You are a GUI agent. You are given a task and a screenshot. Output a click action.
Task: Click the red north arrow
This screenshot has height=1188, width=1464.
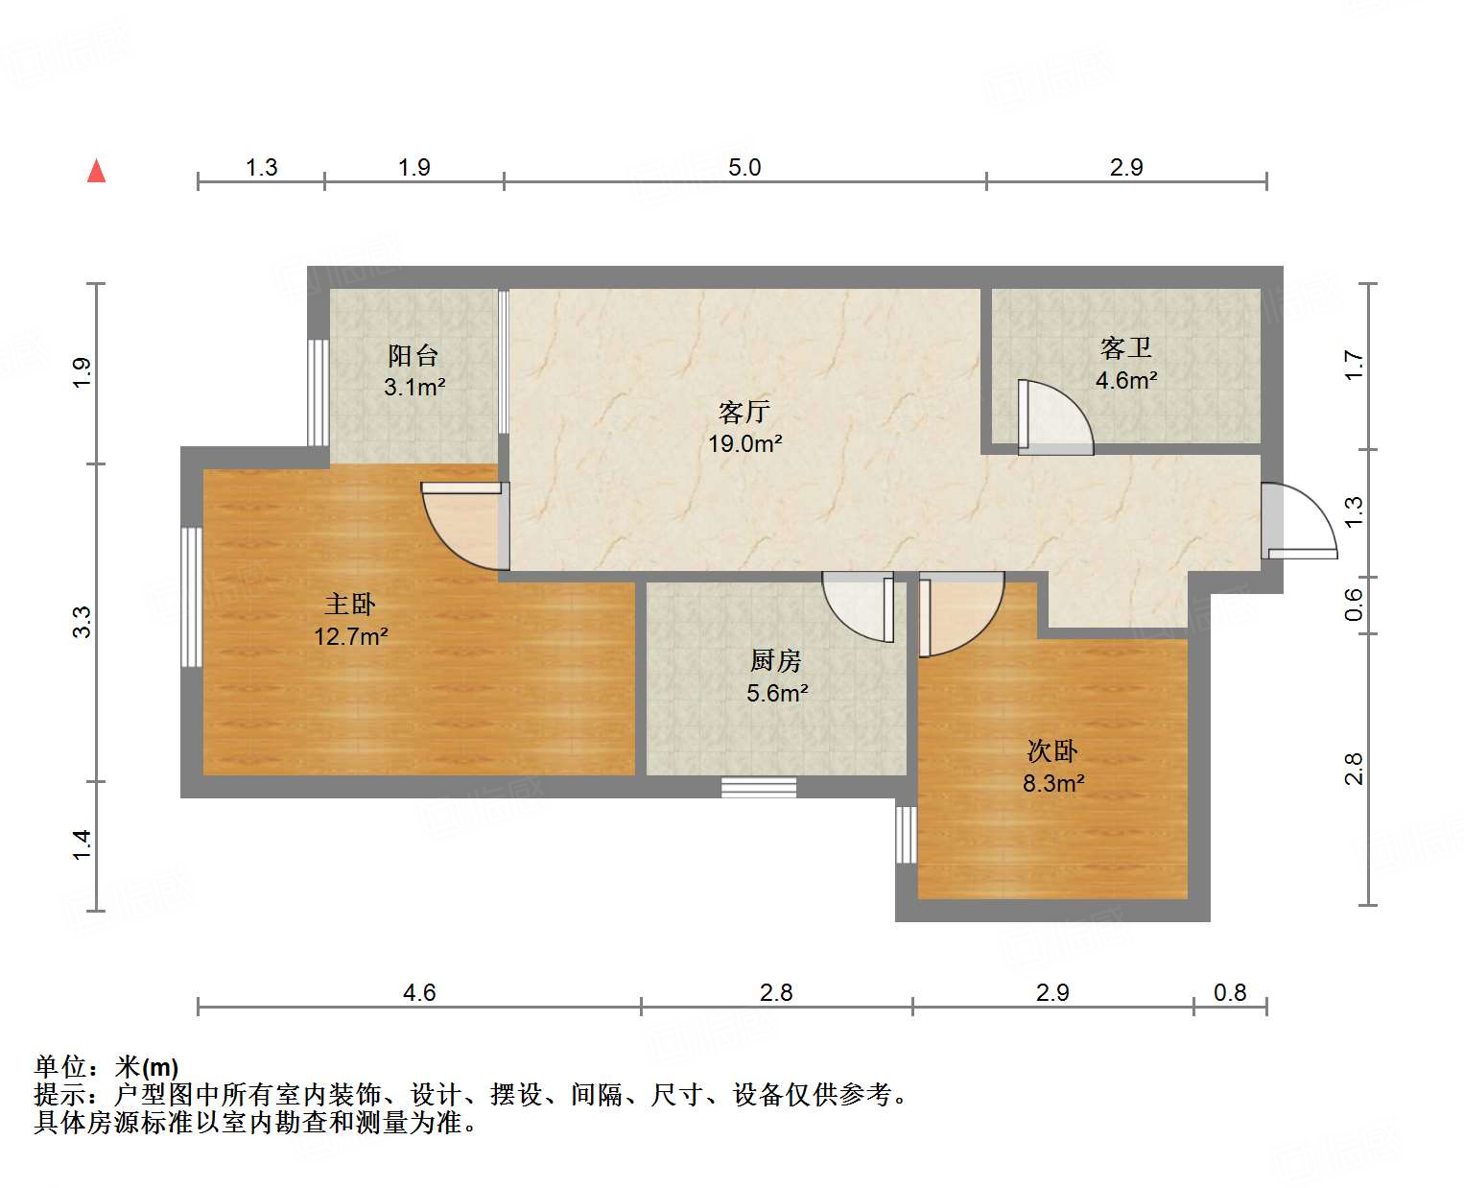pyautogui.click(x=96, y=171)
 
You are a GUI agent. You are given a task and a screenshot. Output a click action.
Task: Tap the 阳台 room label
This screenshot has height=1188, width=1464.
pyautogui.click(x=413, y=356)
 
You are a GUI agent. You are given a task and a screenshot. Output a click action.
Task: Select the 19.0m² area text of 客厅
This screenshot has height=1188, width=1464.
pyautogui.click(x=744, y=443)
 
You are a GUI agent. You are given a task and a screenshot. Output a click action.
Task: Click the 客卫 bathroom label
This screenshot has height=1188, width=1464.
pyautogui.click(x=1125, y=347)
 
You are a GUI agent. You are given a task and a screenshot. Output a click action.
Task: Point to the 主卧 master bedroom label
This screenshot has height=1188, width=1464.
pyautogui.click(x=349, y=604)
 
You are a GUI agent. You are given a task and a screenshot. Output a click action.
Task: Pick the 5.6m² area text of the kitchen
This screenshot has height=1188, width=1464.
pyautogui.click(x=776, y=693)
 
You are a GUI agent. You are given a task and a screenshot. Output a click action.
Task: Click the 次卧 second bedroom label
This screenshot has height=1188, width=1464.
pyautogui.click(x=1052, y=750)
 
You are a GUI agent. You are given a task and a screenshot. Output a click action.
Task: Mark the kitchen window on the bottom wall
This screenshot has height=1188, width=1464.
pyautogui.click(x=759, y=787)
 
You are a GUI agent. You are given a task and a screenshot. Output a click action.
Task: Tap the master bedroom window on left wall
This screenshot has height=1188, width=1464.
pyautogui.click(x=192, y=596)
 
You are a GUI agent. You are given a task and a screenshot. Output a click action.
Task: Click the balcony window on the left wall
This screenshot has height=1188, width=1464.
pyautogui.click(x=318, y=392)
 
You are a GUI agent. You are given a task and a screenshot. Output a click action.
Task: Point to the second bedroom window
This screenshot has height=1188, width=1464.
pyautogui.click(x=907, y=834)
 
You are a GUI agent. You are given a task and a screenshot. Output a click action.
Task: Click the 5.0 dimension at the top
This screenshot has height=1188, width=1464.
pyautogui.click(x=744, y=167)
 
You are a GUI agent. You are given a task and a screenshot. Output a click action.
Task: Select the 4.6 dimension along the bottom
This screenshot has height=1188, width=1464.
pyautogui.click(x=419, y=992)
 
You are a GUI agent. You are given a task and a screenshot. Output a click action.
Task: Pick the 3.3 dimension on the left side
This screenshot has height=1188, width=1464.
pyautogui.click(x=83, y=622)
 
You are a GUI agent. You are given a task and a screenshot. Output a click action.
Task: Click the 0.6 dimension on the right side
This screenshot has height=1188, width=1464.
pyautogui.click(x=1354, y=605)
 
